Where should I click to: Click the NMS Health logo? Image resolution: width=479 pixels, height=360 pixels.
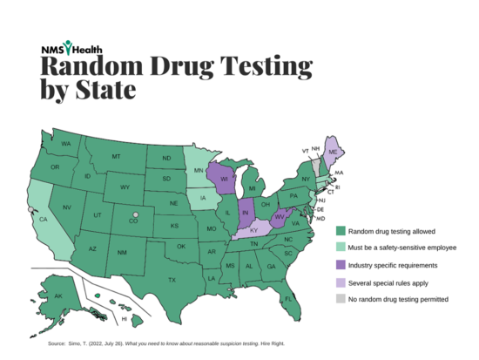(70, 50)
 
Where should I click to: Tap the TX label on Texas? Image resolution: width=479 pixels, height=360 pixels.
(172, 280)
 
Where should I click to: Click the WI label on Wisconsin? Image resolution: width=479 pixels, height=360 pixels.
(224, 180)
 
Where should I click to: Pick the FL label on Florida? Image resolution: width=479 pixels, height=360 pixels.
(311, 299)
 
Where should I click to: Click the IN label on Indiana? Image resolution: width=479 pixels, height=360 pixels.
(246, 213)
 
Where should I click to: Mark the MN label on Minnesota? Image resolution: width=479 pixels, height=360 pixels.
(199, 170)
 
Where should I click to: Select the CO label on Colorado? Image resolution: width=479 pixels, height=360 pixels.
(133, 221)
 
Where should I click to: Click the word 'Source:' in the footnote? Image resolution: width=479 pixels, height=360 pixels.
(57, 343)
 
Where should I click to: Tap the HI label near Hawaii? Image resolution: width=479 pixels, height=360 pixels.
(123, 319)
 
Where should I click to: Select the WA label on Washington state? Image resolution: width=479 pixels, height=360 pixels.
(66, 143)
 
